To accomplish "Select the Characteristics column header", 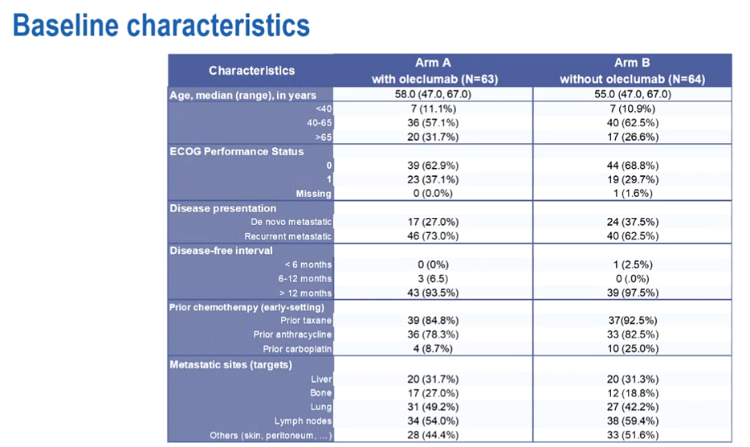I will coord(251,71).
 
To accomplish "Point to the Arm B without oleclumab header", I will coord(631,71).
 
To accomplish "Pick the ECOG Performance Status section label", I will coord(237,151).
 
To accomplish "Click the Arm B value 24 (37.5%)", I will coord(631,221).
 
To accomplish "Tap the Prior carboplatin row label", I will coord(297,349).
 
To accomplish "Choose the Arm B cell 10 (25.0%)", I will coord(631,349).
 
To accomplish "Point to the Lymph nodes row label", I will coord(303,420).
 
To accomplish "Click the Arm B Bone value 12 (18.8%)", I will coord(631,392).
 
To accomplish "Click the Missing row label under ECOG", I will coord(313,193).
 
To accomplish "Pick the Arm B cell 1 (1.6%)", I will coord(631,193).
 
